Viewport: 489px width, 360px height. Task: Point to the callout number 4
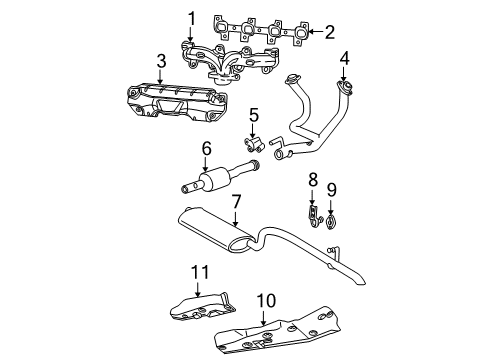pyautogui.click(x=343, y=57)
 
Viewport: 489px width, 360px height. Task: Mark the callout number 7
pyautogui.click(x=236, y=201)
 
